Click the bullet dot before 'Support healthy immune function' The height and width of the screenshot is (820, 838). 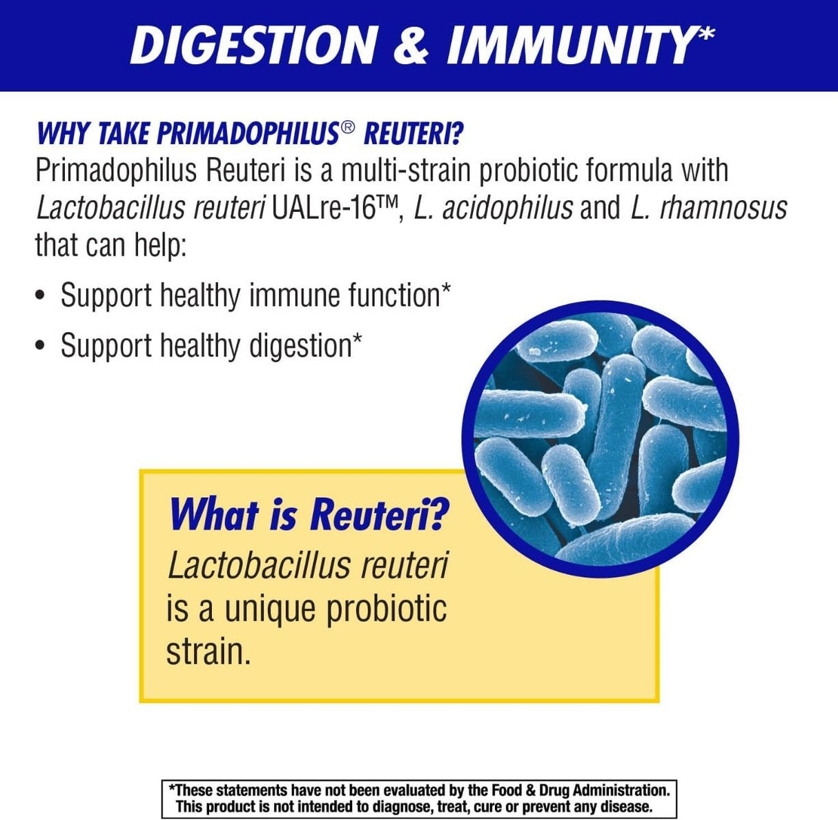coord(41,297)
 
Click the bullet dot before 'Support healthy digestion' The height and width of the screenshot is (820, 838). coord(41,346)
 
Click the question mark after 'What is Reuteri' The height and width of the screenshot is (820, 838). coord(436,516)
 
